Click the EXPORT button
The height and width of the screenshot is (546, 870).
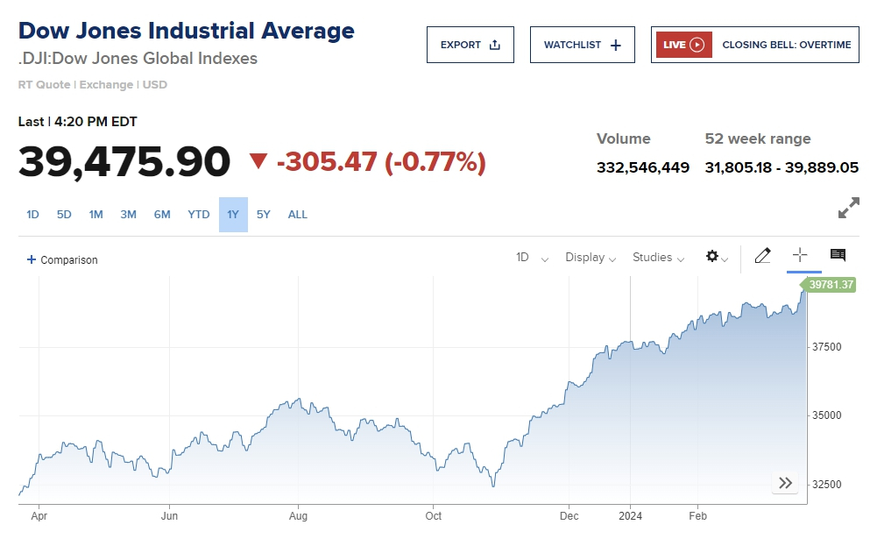[470, 45]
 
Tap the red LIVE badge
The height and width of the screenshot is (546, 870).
[683, 45]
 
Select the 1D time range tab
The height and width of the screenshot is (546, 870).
[32, 215]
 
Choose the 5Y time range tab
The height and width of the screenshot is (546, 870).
[264, 215]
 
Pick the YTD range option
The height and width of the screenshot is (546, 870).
[199, 215]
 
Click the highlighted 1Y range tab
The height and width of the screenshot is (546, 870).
[233, 215]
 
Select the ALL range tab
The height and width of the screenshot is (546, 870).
[298, 215]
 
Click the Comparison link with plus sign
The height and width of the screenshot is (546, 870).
[62, 260]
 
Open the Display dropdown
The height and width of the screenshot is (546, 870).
[590, 258]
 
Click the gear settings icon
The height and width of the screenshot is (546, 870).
[713, 257]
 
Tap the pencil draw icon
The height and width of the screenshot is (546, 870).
[762, 256]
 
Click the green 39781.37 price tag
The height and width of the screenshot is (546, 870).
[831, 285]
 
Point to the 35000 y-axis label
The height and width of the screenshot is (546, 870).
[825, 415]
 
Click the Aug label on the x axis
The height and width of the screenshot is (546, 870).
[299, 516]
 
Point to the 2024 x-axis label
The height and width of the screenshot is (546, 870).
[630, 516]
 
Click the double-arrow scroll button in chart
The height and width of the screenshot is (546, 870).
[785, 483]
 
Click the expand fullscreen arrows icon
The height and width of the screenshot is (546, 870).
[848, 209]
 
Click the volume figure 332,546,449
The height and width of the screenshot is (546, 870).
[642, 167]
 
